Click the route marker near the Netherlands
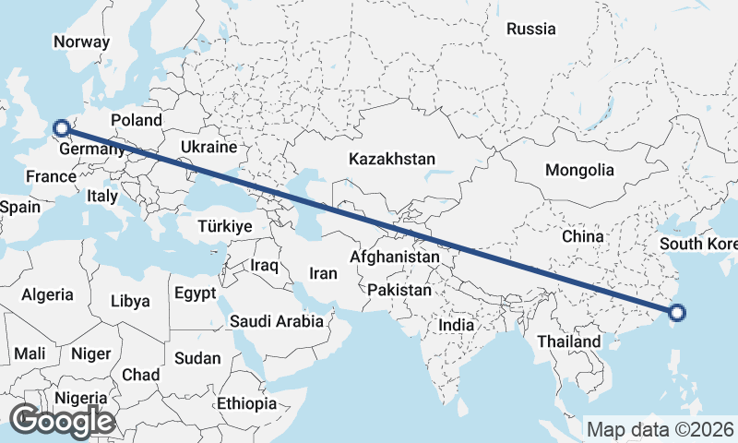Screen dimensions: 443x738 pyautogui.click(x=61, y=128)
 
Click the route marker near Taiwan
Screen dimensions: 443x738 pyautogui.click(x=677, y=312)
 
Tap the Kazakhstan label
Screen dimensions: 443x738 pyautogui.click(x=391, y=160)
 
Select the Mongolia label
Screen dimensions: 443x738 pyautogui.click(x=579, y=170)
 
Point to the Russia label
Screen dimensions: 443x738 pyautogui.click(x=531, y=29)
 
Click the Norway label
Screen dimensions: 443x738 pyautogui.click(x=81, y=42)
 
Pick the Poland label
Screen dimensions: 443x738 pyautogui.click(x=137, y=120)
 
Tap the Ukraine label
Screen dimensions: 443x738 pyautogui.click(x=209, y=147)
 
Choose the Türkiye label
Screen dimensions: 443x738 pyautogui.click(x=225, y=226)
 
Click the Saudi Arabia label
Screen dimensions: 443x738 pyautogui.click(x=277, y=322)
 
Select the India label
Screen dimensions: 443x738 pyautogui.click(x=456, y=325)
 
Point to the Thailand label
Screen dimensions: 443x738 pyautogui.click(x=569, y=341)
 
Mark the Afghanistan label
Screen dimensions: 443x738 pyautogui.click(x=395, y=257)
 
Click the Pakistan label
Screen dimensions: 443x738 pyautogui.click(x=399, y=290)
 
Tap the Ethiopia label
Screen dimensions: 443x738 pyautogui.click(x=246, y=403)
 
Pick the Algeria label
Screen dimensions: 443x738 pyautogui.click(x=47, y=294)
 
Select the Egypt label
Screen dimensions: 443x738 pyautogui.click(x=195, y=293)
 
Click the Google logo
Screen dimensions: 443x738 pyautogui.click(x=62, y=421)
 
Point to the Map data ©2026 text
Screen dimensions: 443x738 pyautogui.click(x=661, y=429)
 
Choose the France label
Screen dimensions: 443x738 pyautogui.click(x=50, y=177)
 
